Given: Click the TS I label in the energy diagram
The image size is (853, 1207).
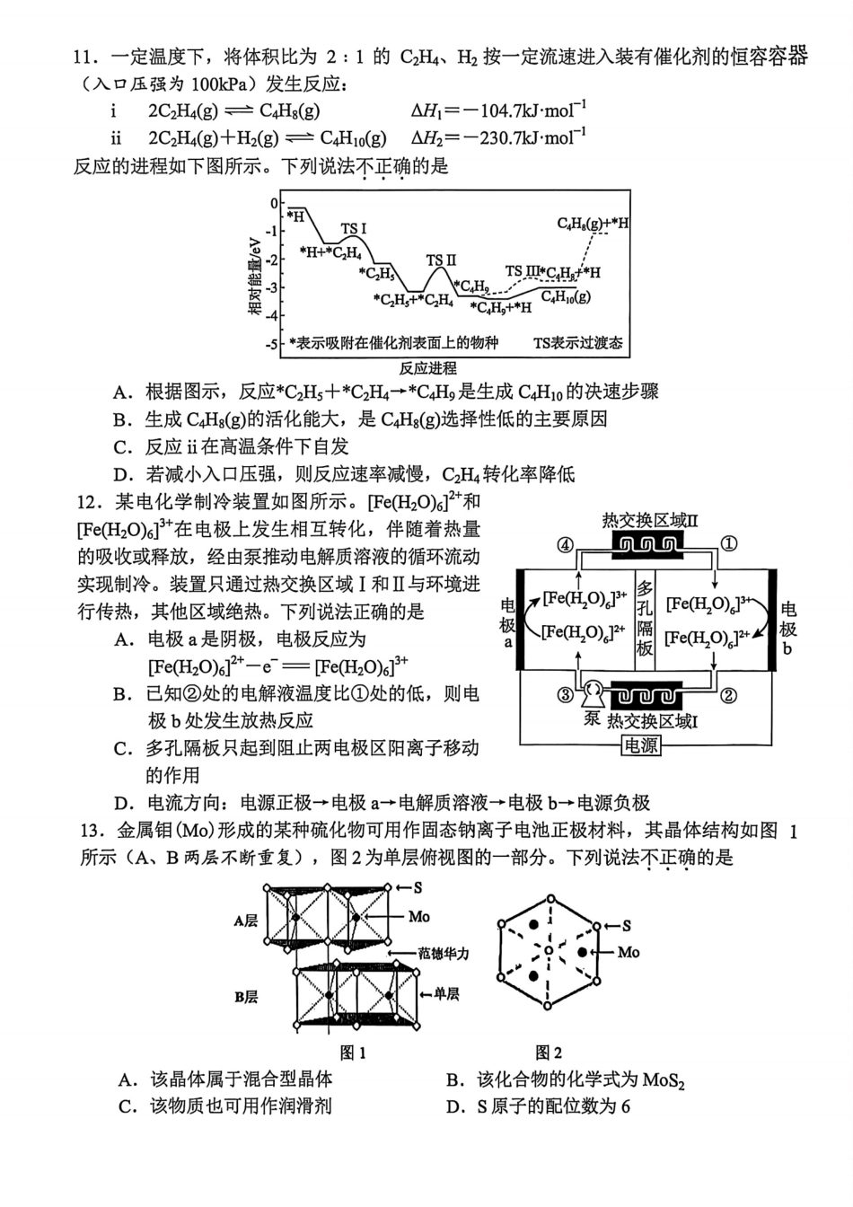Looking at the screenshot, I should coord(354,230).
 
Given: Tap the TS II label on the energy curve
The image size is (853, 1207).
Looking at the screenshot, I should coord(441,260).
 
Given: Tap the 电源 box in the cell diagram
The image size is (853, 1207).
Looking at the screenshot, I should coord(641,745).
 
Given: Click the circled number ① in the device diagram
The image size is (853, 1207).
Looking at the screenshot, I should coord(730,543).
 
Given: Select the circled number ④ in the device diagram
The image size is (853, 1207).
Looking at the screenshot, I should coord(565,544).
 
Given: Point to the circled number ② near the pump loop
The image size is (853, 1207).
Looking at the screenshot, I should coord(729,694).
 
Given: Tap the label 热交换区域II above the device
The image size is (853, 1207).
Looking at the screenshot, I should coord(650,521).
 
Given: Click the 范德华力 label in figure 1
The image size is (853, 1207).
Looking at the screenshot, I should coord(444,953).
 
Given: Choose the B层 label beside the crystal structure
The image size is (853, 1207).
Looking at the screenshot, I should coord(246,997).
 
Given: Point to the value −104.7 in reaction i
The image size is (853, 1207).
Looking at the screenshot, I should coord(497,111).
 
